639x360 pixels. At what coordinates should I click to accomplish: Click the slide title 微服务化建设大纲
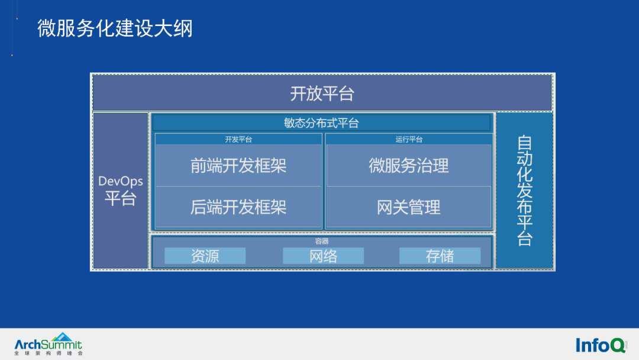pyautogui.click(x=115, y=28)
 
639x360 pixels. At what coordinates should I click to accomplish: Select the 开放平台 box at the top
pyautogui.click(x=322, y=93)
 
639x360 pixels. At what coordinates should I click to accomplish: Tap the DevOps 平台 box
pyautogui.click(x=121, y=191)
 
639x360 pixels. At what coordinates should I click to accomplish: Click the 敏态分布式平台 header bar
pyautogui.click(x=321, y=123)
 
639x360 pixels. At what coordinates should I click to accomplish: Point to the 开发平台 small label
pyautogui.click(x=238, y=139)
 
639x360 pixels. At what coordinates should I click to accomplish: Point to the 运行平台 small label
pyautogui.click(x=409, y=139)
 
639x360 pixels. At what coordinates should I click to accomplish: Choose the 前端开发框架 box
pyautogui.click(x=238, y=166)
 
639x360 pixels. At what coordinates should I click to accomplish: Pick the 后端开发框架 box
pyautogui.click(x=238, y=207)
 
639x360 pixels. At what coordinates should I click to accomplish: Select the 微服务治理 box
pyautogui.click(x=409, y=166)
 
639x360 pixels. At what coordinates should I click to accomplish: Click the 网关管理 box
pyautogui.click(x=409, y=207)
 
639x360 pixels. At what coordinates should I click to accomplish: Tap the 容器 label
pyautogui.click(x=321, y=242)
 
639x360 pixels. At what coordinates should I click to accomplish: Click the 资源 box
pyautogui.click(x=205, y=256)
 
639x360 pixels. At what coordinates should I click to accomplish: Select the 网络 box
pyautogui.click(x=323, y=256)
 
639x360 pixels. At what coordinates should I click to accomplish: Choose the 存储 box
pyautogui.click(x=440, y=256)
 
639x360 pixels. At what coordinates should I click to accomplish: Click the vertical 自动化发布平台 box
pyautogui.click(x=524, y=191)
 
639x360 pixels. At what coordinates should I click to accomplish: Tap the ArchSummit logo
pyautogui.click(x=48, y=344)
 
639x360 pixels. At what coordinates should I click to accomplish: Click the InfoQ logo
pyautogui.click(x=601, y=345)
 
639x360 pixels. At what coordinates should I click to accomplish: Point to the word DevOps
pyautogui.click(x=121, y=181)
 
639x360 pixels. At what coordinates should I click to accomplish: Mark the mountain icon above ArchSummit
pyautogui.click(x=62, y=337)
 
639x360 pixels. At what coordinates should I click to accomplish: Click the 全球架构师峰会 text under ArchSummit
pyautogui.click(x=49, y=353)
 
